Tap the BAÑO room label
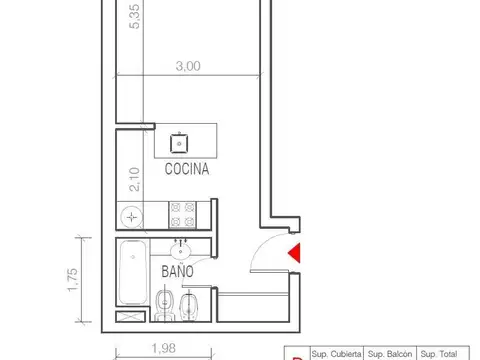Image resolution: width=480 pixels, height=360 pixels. (176, 271)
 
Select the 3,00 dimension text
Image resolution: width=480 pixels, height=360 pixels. (186, 66)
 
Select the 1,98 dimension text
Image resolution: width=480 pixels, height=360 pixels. (164, 349)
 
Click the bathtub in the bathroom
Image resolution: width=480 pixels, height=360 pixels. (132, 272)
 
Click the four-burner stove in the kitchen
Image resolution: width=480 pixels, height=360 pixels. (182, 213)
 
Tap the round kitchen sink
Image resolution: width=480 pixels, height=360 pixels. (132, 214)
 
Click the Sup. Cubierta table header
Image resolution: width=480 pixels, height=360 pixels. (336, 353)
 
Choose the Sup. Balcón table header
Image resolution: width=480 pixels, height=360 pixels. (390, 353)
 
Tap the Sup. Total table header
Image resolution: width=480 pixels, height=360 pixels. (440, 353)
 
